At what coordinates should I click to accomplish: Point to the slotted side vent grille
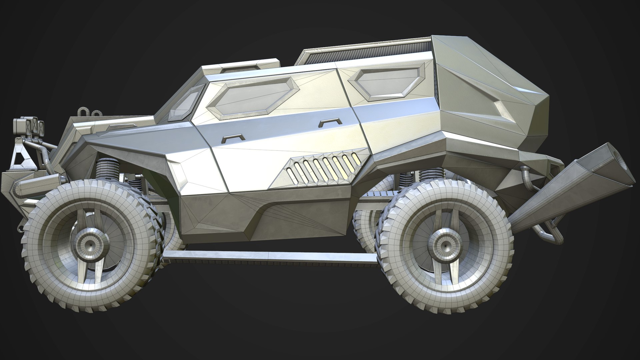(320, 166)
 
